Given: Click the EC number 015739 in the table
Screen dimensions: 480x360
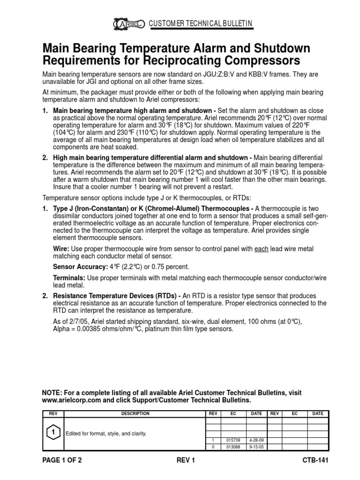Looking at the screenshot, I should click(x=233, y=440).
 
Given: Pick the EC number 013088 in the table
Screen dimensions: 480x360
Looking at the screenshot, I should click(x=233, y=447).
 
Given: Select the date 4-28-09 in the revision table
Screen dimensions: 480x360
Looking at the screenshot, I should click(x=256, y=440).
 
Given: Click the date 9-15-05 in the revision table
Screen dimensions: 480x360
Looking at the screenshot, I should click(x=256, y=447).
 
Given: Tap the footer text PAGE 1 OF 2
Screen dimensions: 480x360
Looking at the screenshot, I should click(x=62, y=460).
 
